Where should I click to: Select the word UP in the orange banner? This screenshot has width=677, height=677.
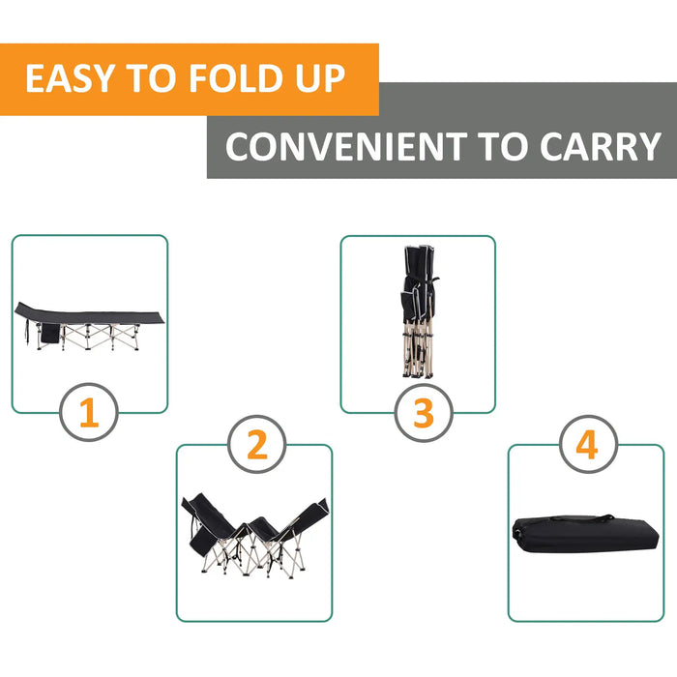(317, 78)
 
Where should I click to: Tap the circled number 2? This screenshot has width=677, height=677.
(256, 445)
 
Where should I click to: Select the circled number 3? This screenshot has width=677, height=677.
(424, 413)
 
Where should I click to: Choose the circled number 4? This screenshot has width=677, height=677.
(587, 446)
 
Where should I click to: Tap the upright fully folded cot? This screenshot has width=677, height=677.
(417, 309)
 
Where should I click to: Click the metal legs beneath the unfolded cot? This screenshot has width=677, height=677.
(97, 338)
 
